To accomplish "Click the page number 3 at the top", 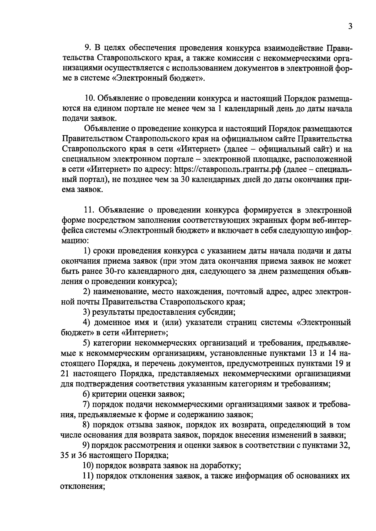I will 350,26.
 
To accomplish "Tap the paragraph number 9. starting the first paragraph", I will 88,48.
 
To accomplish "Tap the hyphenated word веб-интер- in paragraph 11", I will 329,220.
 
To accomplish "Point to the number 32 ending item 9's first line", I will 344,445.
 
